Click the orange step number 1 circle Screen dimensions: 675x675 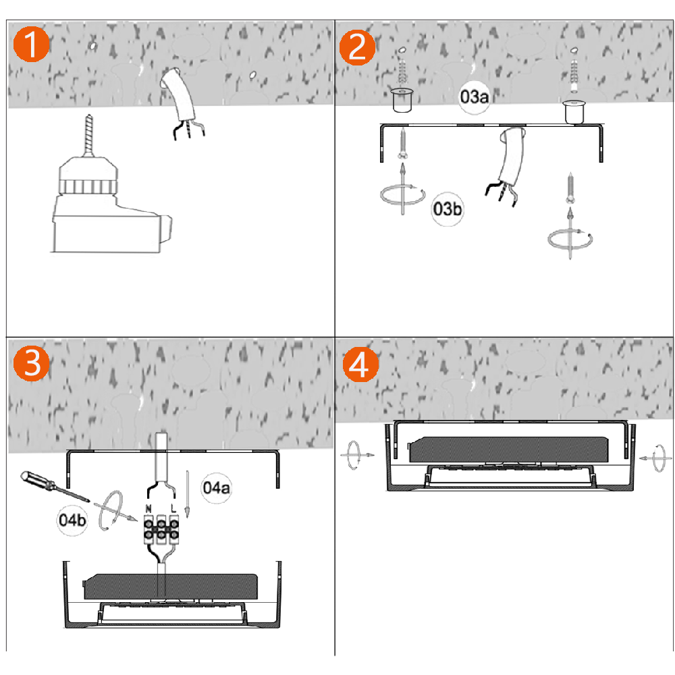pyautogui.click(x=31, y=44)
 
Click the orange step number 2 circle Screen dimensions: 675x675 pyautogui.click(x=357, y=47)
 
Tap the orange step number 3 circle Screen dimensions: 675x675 pyautogui.click(x=31, y=363)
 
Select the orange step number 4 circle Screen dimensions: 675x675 pyautogui.click(x=360, y=364)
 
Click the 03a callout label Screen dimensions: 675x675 pyautogui.click(x=474, y=97)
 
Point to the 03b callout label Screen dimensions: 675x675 pyautogui.click(x=448, y=209)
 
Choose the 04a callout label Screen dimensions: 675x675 pyautogui.click(x=216, y=488)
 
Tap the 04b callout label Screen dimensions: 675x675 pyautogui.click(x=72, y=520)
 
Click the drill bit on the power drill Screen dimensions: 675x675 pyautogui.click(x=88, y=134)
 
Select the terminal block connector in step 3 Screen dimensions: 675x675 pyautogui.click(x=161, y=529)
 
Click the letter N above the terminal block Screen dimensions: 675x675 pyautogui.click(x=148, y=509)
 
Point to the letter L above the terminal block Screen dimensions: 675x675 pyautogui.click(x=173, y=508)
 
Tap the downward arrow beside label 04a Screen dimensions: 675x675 pyautogui.click(x=187, y=493)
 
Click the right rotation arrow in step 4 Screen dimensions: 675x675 pyautogui.click(x=654, y=458)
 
